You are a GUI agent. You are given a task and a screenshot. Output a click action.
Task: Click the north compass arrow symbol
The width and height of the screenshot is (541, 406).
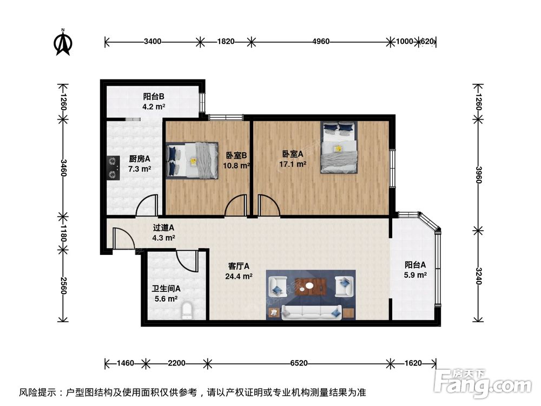coord(63,42)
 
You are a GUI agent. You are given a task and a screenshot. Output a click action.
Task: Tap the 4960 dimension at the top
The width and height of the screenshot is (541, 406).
coord(319,41)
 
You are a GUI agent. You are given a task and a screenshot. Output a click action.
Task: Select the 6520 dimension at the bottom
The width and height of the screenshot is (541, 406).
coord(298,363)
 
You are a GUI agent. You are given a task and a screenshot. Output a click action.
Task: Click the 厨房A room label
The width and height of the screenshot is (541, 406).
coord(139,159)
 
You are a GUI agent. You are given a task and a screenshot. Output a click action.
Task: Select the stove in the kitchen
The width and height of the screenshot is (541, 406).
coord(113,167)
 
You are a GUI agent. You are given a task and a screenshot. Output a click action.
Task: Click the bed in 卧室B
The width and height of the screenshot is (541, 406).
coord(192,160)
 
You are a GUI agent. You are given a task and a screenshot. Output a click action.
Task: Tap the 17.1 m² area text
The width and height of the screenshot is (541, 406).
coord(294,163)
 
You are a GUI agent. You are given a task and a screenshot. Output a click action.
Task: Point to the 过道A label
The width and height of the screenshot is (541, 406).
coord(163,228)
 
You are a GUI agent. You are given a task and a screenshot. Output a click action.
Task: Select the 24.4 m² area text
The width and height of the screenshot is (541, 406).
coord(240,276)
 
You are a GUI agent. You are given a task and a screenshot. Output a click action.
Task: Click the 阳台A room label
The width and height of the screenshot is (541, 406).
coord(415,265)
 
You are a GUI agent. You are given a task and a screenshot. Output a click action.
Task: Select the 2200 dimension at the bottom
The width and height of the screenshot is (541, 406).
coord(176,363)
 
